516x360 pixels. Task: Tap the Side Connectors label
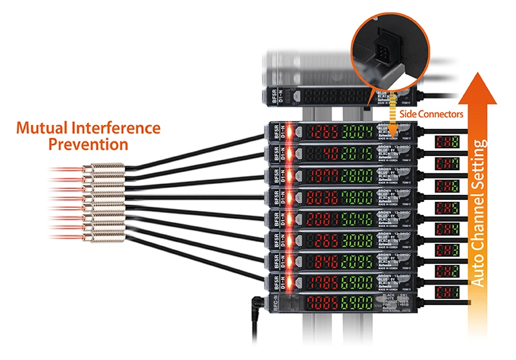click(x=437, y=114)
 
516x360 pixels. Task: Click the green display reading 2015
click(x=356, y=155)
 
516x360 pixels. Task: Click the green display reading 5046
click(x=356, y=218)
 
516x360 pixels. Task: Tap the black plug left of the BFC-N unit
click(x=258, y=301)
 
